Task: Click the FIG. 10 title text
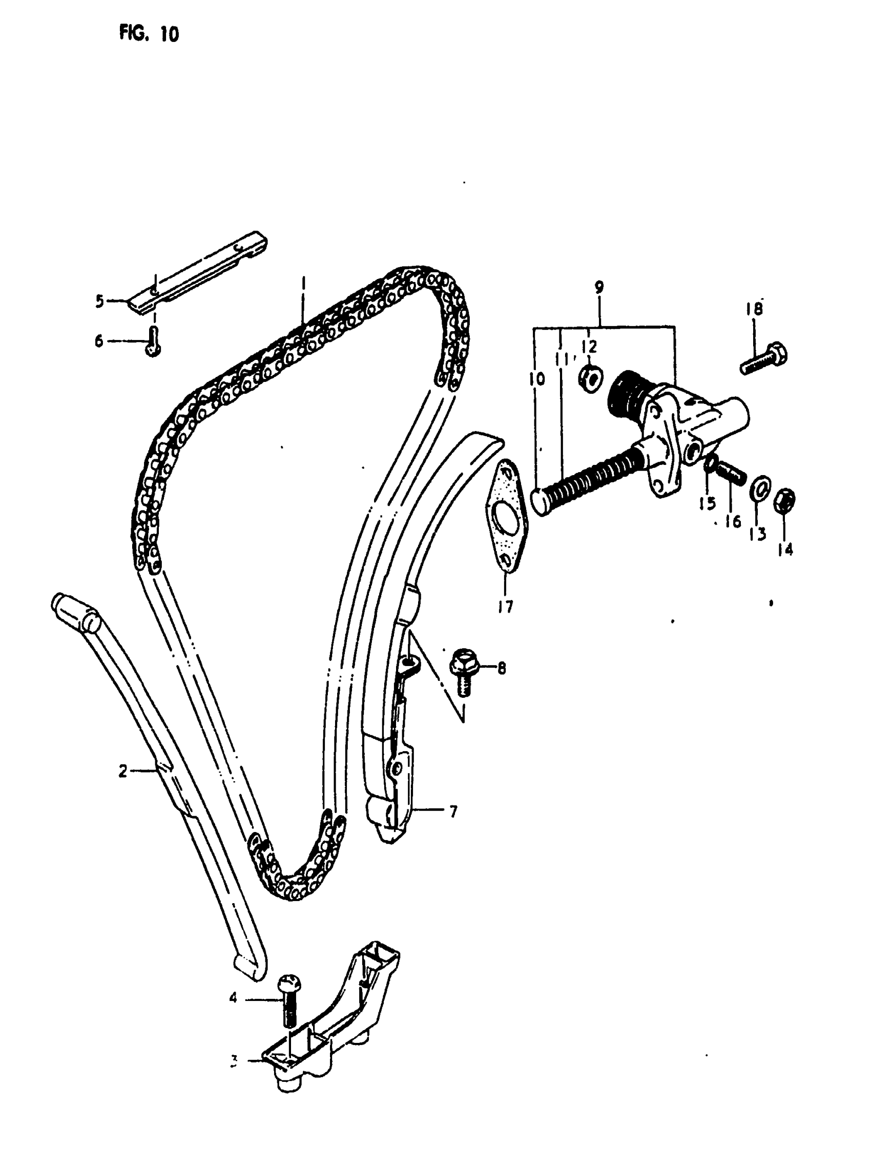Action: tap(149, 34)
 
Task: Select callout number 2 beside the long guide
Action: tap(123, 772)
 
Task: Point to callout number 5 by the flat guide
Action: tap(99, 302)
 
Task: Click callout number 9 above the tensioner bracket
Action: tap(599, 288)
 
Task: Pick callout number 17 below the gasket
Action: tap(505, 608)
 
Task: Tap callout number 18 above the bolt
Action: tap(755, 309)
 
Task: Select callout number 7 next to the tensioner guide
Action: tap(453, 812)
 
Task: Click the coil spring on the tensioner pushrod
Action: tap(585, 477)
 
